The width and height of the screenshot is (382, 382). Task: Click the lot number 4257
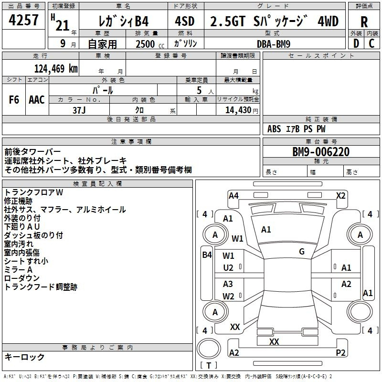pyautogui.click(x=23, y=20)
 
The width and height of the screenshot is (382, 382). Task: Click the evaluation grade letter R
pyautogui.click(x=364, y=21)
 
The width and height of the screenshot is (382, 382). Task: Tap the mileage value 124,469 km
pyautogui.click(x=56, y=69)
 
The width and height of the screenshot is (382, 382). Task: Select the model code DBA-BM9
pyautogui.click(x=273, y=44)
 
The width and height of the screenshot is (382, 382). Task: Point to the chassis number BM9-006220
pyautogui.click(x=321, y=152)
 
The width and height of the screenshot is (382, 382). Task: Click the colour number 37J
pyautogui.click(x=79, y=110)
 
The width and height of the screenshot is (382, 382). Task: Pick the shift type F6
pyautogui.click(x=14, y=100)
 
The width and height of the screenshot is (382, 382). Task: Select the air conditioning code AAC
pyautogui.click(x=37, y=100)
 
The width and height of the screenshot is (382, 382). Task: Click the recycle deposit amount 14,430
pyautogui.click(x=238, y=110)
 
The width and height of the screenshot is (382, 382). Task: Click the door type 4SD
pyautogui.click(x=185, y=21)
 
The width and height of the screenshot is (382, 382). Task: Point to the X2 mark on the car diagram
pyautogui.click(x=340, y=196)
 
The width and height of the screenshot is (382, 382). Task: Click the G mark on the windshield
pyautogui.click(x=302, y=252)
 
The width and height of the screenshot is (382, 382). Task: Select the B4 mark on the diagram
pyautogui.click(x=207, y=255)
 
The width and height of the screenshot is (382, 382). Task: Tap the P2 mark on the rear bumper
pyautogui.click(x=340, y=352)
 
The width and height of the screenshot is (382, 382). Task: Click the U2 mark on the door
pyautogui.click(x=228, y=268)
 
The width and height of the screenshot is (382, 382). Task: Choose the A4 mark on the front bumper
pyautogui.click(x=233, y=196)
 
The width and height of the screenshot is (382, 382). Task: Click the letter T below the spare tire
pyautogui.click(x=209, y=365)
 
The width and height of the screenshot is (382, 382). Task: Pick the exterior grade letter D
pyautogui.click(x=356, y=43)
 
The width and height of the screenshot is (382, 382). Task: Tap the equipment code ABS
pyautogui.click(x=274, y=129)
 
